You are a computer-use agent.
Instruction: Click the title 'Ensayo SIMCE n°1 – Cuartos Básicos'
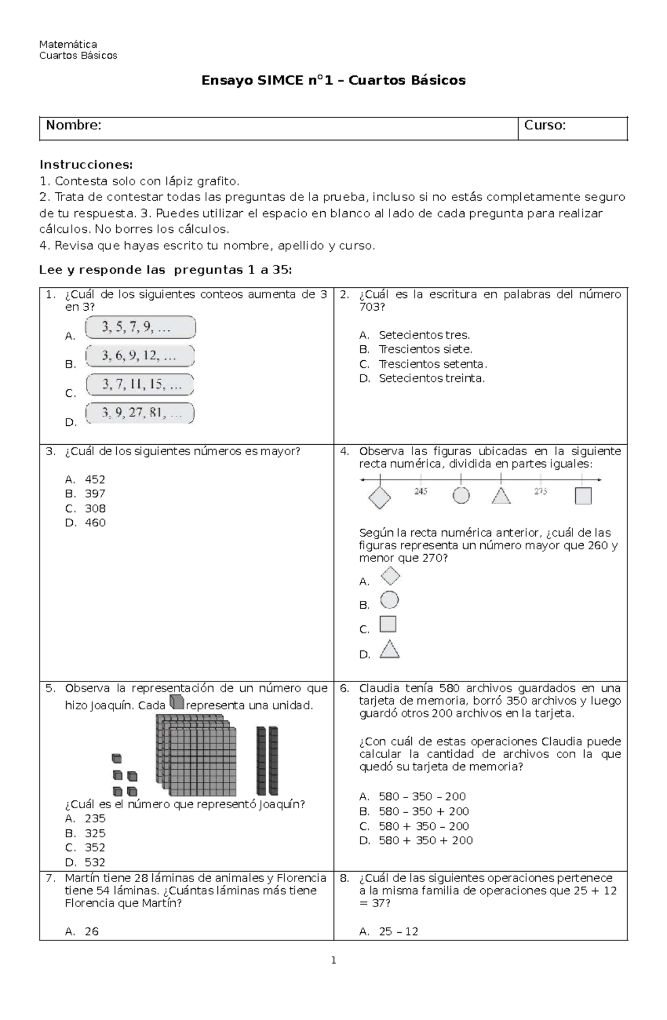pos(333,81)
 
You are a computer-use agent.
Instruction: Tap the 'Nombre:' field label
pos(73,126)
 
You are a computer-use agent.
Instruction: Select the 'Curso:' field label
pos(545,126)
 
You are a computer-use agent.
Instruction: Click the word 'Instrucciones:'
pos(86,165)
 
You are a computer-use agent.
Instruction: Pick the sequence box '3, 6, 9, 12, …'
pos(140,356)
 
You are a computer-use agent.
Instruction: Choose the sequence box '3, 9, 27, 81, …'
pos(140,413)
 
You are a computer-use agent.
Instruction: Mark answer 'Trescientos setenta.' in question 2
pos(432,364)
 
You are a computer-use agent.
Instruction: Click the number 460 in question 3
pos(95,523)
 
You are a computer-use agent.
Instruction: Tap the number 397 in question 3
pos(95,494)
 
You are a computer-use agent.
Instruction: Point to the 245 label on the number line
pos(421,491)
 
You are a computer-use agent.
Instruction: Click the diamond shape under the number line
pos(380,497)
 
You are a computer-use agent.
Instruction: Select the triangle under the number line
pos(501,496)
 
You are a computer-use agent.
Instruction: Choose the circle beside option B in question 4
pos(389,600)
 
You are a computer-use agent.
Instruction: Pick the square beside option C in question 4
pos(388,624)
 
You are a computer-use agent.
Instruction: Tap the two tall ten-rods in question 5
pos(267,760)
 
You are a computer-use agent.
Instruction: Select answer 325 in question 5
pos(95,833)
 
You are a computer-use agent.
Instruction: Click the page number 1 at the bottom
pos(333,960)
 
